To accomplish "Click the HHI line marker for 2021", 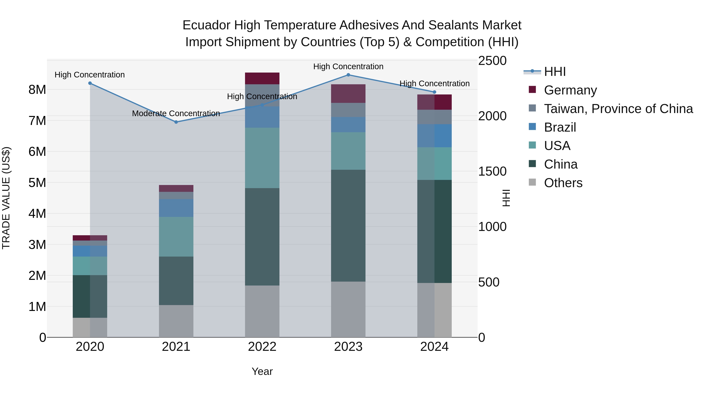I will pyautogui.click(x=176, y=122).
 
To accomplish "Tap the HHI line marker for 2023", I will pyautogui.click(x=348, y=75).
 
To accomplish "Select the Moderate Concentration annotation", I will pyautogui.click(x=176, y=113).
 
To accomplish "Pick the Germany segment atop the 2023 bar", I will pyautogui.click(x=348, y=93).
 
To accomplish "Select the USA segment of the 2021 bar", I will pyautogui.click(x=176, y=237).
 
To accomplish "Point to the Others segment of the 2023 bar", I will pyautogui.click(x=348, y=309).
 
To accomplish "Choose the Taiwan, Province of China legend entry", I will pyautogui.click(x=618, y=109).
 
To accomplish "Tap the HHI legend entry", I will pyautogui.click(x=555, y=72).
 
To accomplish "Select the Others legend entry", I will pyautogui.click(x=563, y=183).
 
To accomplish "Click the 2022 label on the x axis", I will pyautogui.click(x=262, y=347).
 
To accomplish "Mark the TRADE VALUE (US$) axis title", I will pyautogui.click(x=6, y=198).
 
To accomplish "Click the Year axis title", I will pyautogui.click(x=262, y=371).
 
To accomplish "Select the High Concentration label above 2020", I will pyautogui.click(x=90, y=75).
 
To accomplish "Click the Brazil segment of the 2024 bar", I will pyautogui.click(x=434, y=136).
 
